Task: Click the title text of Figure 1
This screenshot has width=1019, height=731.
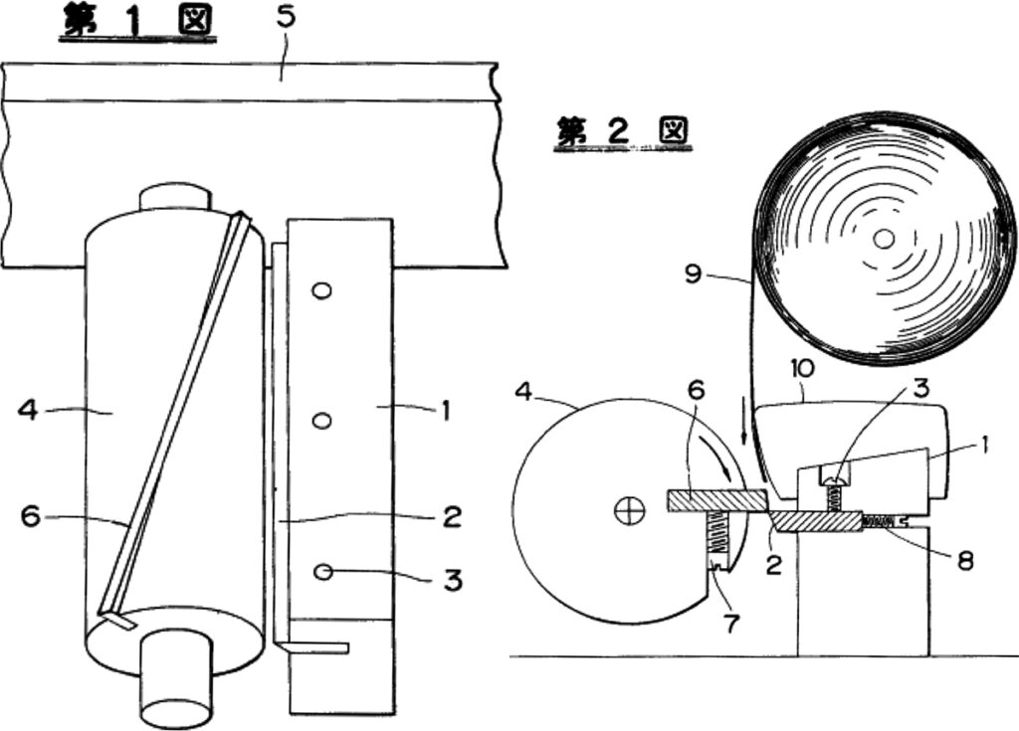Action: click(136, 21)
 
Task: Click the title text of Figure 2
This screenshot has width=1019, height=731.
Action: click(623, 132)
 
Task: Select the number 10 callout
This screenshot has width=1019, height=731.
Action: click(803, 370)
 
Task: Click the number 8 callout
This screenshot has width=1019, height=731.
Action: click(963, 558)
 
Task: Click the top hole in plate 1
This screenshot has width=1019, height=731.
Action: click(320, 290)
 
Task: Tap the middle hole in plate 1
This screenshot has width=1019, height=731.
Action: click(320, 421)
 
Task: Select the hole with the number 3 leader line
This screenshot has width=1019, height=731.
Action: click(321, 571)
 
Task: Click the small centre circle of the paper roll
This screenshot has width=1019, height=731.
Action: click(883, 238)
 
